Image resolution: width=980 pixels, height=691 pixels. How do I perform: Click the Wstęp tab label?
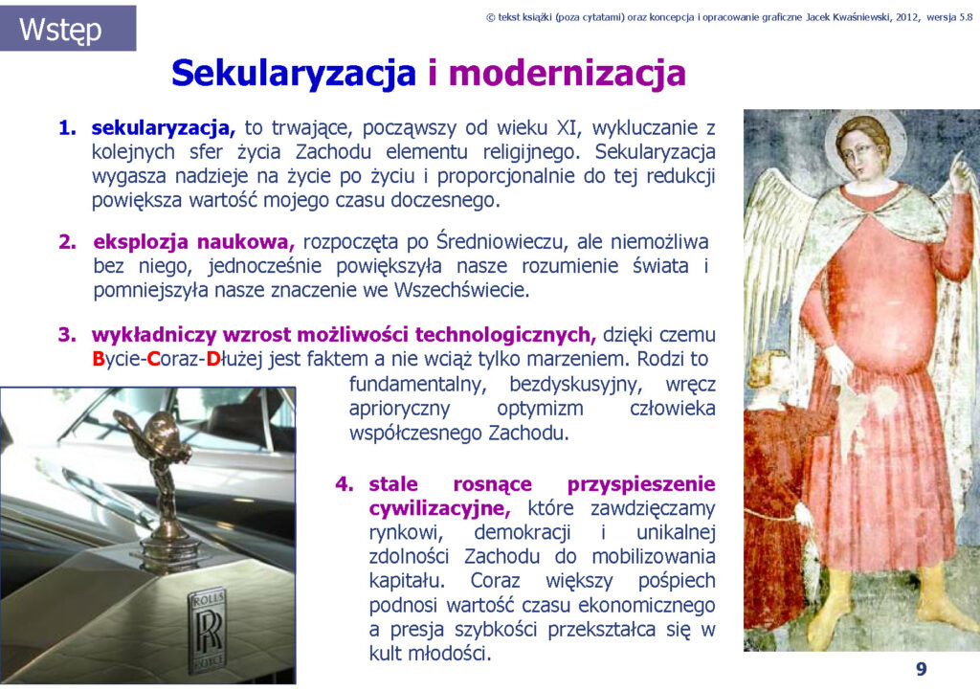pos(60,30)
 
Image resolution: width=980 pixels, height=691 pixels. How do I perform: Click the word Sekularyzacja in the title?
pos(294,73)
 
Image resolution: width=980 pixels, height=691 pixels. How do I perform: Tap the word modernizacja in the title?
pos(568,73)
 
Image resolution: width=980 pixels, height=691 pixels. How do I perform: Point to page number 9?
pos(922,669)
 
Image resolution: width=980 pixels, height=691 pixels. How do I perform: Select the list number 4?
pos(345,484)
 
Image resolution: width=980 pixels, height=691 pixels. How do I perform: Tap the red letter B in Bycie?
pos(99,359)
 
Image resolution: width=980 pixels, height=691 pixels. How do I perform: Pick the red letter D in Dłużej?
pos(212,359)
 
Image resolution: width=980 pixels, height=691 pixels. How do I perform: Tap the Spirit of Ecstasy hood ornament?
pos(164,475)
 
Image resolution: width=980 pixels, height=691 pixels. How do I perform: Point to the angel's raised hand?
pos(957,175)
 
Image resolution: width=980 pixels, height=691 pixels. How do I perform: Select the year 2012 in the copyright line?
pos(907,17)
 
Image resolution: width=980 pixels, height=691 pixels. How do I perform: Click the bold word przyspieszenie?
pos(641,485)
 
